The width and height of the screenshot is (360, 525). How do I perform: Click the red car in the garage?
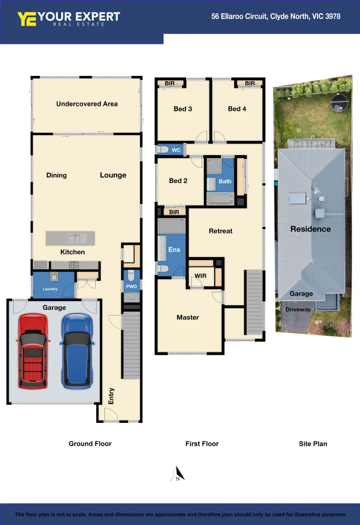coord(33,350)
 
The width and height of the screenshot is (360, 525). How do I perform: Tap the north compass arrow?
coord(178,473)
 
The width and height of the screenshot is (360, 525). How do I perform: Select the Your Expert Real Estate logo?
coord(69,19)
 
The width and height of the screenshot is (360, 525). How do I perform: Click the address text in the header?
coord(275,17)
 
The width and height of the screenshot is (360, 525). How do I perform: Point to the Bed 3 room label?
coord(183,109)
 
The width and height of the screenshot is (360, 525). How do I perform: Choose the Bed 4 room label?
coord(237,109)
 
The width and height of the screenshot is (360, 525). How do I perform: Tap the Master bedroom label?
coord(188,317)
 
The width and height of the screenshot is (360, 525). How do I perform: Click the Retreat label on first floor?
coord(221,231)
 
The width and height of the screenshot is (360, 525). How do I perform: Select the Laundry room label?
coord(50,289)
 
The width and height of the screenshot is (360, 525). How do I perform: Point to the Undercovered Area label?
coord(86,104)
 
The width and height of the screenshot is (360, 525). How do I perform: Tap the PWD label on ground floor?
coord(132,287)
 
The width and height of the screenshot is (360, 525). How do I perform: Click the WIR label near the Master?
coord(201,276)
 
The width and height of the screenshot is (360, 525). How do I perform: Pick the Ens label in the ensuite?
coord(174,250)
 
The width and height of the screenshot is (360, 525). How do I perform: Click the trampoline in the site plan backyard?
coord(339,103)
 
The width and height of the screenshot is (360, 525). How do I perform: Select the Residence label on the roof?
coord(310,229)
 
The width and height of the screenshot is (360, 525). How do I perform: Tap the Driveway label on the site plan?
coord(298,310)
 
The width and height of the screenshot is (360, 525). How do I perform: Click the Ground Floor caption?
coord(90,444)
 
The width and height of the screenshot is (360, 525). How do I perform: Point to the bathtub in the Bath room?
coord(220,199)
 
